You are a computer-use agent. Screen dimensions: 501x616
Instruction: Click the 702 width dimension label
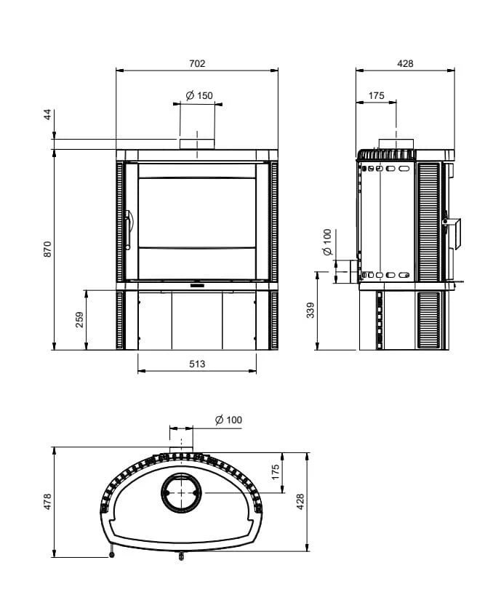point(197,63)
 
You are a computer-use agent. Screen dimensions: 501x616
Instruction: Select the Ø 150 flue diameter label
point(199,95)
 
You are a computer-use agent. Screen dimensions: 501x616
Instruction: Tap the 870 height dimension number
point(47,249)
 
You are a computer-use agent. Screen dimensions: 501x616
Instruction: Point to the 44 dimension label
point(47,115)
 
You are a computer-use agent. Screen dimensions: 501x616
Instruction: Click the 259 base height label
point(79,320)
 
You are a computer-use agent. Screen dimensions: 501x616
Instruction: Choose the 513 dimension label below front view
point(197,364)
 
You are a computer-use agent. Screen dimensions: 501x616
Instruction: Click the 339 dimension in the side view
point(310,310)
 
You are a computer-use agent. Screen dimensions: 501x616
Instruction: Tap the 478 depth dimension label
point(47,502)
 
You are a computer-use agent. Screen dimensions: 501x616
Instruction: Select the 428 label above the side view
point(405,63)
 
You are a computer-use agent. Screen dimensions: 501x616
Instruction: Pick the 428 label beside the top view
point(300,502)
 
